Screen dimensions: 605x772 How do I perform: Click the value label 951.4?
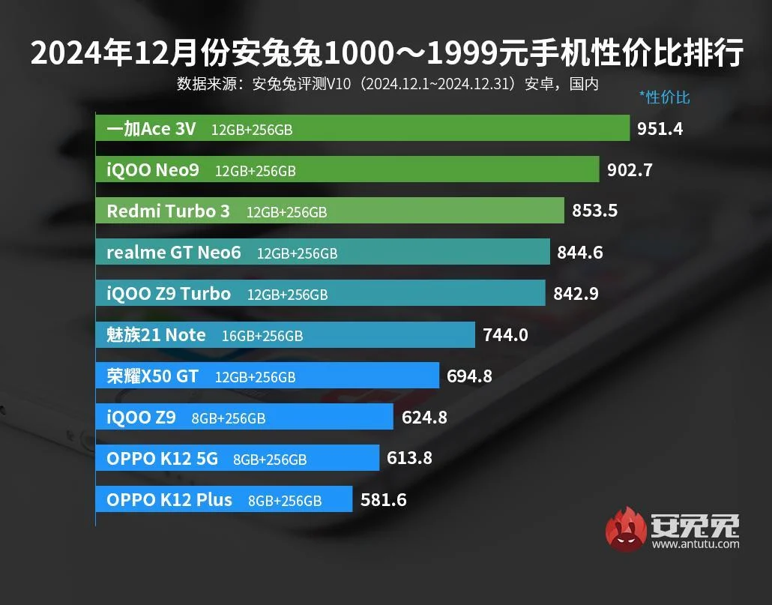(660, 129)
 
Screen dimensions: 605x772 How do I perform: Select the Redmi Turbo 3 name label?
(168, 211)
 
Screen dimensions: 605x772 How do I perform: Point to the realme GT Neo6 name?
(174, 253)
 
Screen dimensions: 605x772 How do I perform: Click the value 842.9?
(576, 294)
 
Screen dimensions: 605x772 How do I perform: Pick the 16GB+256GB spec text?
(262, 336)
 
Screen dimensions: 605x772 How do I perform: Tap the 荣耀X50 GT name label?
(152, 376)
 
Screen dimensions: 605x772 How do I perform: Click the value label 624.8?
(424, 418)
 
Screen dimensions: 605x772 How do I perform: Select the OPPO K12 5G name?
(162, 458)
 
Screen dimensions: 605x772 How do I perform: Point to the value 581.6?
(383, 499)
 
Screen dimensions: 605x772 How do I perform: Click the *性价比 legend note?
(664, 97)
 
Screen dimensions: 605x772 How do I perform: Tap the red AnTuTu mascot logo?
(625, 529)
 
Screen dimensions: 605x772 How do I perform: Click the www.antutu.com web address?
(696, 544)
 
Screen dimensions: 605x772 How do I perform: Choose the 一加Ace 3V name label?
(151, 129)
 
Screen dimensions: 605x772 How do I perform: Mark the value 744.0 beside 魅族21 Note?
(504, 335)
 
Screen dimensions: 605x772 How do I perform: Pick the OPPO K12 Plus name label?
(169, 499)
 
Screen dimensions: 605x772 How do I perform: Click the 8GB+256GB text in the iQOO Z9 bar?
(228, 418)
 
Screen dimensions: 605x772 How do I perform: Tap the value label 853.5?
(594, 211)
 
